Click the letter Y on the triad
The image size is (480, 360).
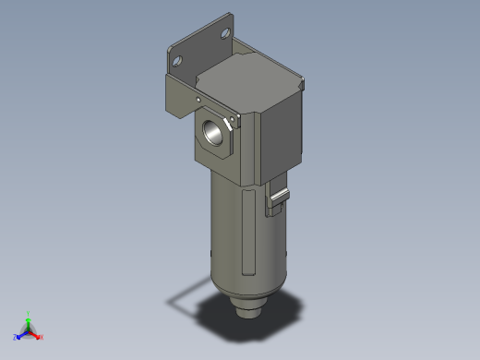click(x=29, y=312)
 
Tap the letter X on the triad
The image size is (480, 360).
click(x=42, y=337)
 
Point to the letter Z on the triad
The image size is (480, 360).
click(x=16, y=338)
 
